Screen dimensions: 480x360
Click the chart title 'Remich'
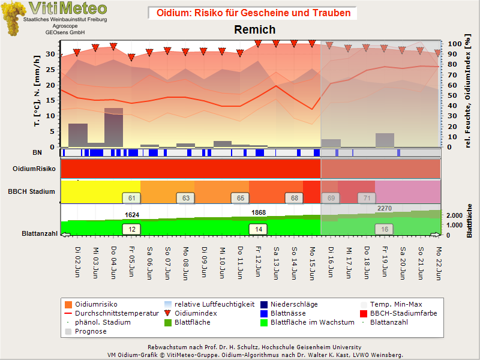pos(254,29)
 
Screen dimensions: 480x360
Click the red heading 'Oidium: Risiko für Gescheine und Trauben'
pos(253,13)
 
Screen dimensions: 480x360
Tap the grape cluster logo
pos(13,19)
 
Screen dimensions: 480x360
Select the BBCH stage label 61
pos(131,198)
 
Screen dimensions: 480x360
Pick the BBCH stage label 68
pos(294,198)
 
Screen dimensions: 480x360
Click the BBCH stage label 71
pos(367,198)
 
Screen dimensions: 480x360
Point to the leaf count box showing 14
pos(259,229)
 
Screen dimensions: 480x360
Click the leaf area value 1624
pos(132,215)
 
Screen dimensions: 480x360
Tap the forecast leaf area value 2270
pos(385,208)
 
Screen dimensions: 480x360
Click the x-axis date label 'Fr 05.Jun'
pos(131,262)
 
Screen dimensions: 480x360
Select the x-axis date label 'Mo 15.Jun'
pos(312,263)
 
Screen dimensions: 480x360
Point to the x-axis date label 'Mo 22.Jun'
pos(439,263)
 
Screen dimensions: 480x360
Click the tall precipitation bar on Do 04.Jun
pos(113,127)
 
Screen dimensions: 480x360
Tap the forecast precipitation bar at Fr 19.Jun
pos(385,140)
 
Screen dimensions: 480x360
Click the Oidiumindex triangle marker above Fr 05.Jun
pos(131,57)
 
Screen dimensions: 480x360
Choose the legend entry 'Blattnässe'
pos(288,313)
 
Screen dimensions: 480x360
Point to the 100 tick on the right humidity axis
pos(455,44)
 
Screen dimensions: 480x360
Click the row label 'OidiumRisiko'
pos(34,169)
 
